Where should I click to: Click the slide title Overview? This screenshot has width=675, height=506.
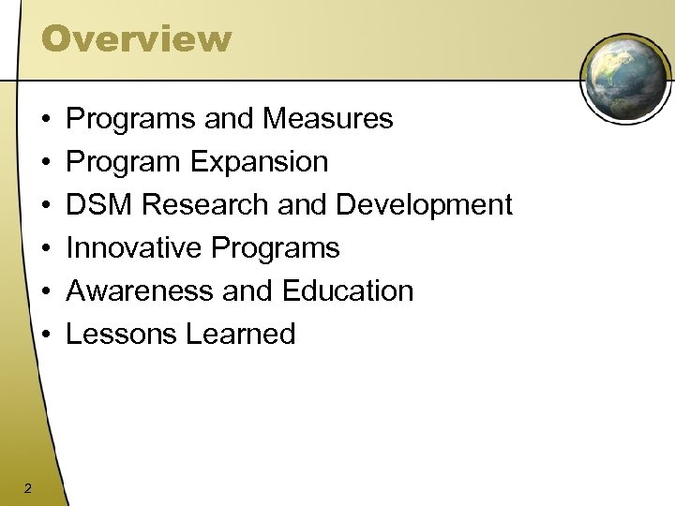tap(136, 38)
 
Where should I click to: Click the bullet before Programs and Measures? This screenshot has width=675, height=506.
tap(46, 120)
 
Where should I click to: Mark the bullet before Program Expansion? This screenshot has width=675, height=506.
tap(46, 163)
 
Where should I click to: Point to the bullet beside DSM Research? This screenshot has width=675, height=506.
tap(46, 206)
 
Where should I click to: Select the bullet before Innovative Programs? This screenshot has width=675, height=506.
tap(46, 249)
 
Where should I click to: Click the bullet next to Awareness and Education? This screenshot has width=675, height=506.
tap(46, 291)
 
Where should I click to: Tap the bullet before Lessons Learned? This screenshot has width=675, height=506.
tap(46, 335)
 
